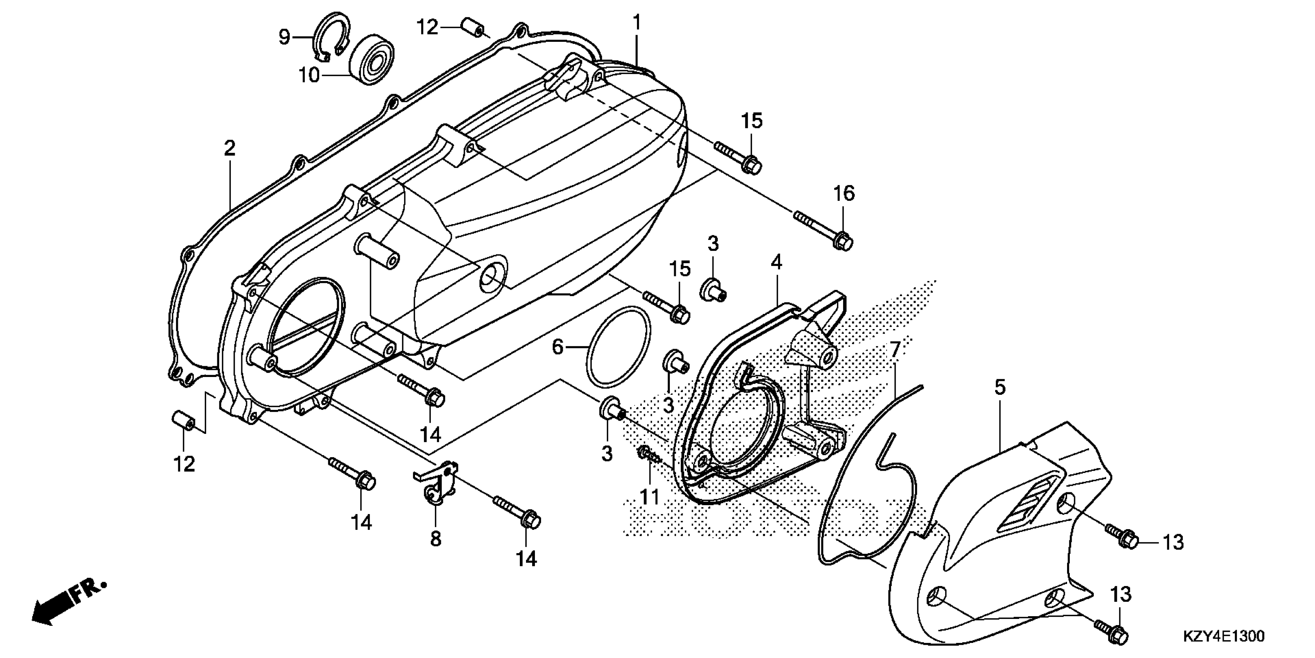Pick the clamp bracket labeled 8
click(436, 483)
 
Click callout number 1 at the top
click(637, 23)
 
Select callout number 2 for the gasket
click(230, 148)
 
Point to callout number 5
click(999, 387)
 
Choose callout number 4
click(776, 262)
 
